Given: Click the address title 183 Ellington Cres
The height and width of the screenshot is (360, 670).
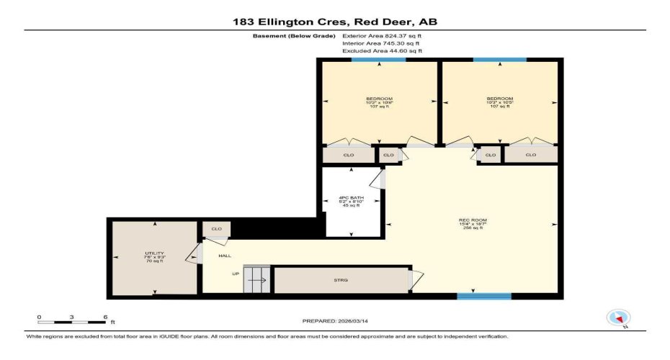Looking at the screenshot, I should pyautogui.click(x=334, y=22).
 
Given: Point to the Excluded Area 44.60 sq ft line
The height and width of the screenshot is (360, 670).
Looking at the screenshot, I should pyautogui.click(x=382, y=51).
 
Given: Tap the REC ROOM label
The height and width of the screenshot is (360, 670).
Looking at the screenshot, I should pyautogui.click(x=472, y=223).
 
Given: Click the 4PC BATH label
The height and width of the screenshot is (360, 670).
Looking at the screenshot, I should pyautogui.click(x=351, y=201).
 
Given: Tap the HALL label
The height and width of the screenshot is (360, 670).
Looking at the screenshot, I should pyautogui.click(x=225, y=256).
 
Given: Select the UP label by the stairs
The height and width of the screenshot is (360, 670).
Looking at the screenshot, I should pyautogui.click(x=235, y=274).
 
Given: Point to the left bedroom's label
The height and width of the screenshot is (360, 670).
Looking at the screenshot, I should pyautogui.click(x=379, y=102).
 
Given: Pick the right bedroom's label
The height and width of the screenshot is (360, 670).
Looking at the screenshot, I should pyautogui.click(x=499, y=102).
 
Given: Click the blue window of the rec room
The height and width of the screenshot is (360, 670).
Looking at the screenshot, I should pyautogui.click(x=484, y=296).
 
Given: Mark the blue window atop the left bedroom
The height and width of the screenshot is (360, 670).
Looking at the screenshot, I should pyautogui.click(x=378, y=60).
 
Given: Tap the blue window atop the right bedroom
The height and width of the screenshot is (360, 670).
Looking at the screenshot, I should pyautogui.click(x=499, y=60).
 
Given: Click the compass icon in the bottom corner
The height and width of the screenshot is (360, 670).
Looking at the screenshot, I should pyautogui.click(x=619, y=318).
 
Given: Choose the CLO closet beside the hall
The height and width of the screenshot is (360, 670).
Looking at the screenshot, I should pyautogui.click(x=215, y=229).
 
